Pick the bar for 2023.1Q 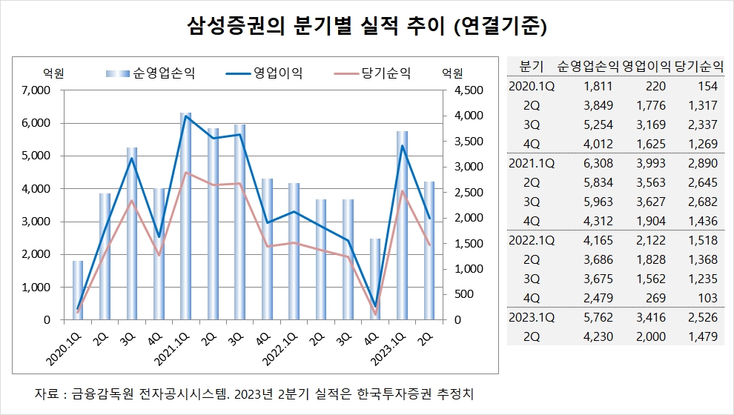[402, 222]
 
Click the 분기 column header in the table [533, 65]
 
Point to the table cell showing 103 [707, 298]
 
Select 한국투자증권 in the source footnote [394, 393]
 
